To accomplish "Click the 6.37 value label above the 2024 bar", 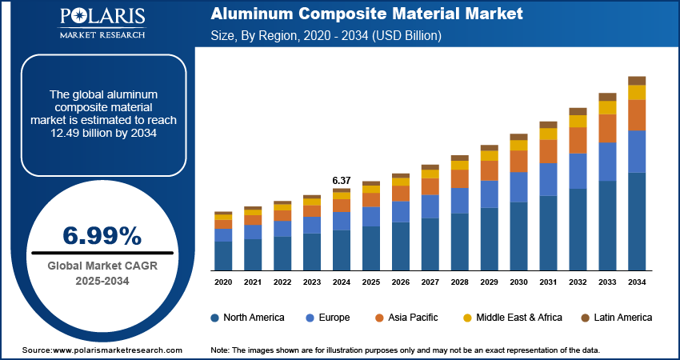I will [342, 180].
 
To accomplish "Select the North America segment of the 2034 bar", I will [637, 221].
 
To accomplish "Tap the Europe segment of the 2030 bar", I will [518, 186].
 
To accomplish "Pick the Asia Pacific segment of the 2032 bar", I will [578, 140].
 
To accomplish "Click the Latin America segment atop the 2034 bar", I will [637, 80].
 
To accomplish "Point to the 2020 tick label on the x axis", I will [223, 282].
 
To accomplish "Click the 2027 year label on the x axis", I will [430, 282].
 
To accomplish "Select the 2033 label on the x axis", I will [607, 282].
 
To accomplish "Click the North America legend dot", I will [215, 318].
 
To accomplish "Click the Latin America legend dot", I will [586, 318].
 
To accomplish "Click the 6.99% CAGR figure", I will [102, 236].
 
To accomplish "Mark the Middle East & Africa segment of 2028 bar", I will [459, 165].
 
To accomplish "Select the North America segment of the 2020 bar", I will [223, 255].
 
